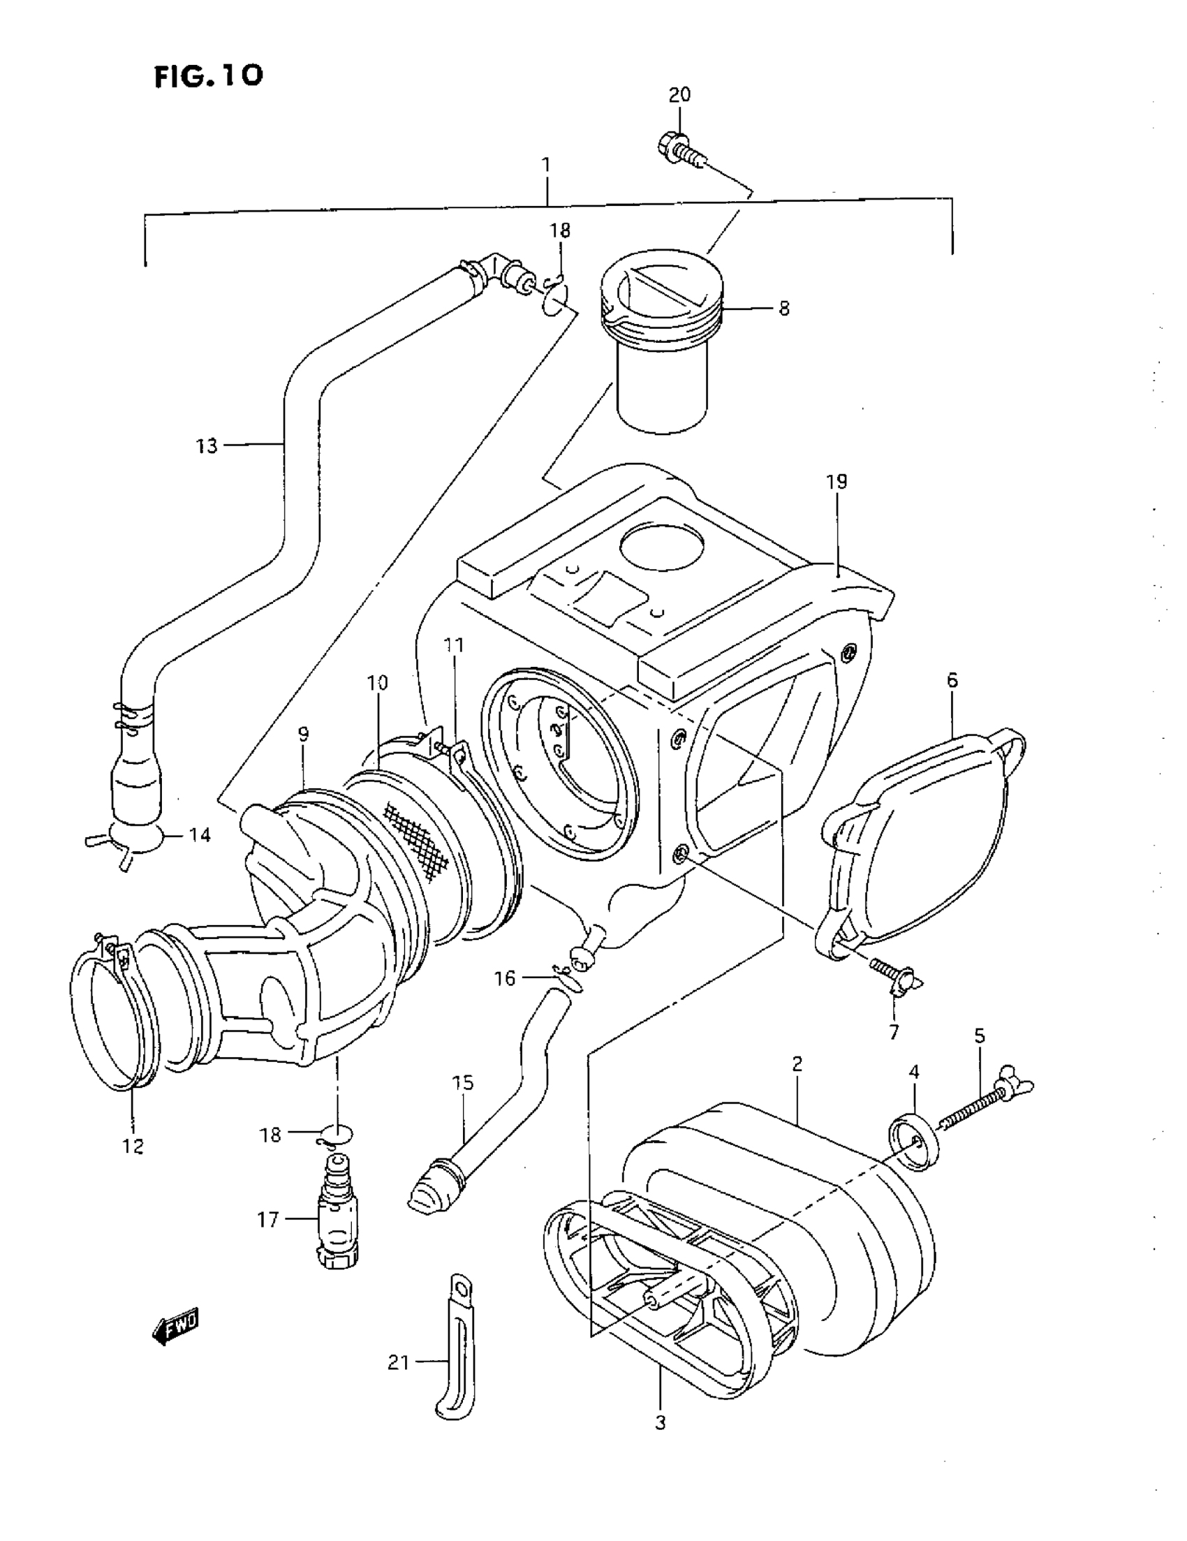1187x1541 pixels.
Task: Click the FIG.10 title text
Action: (x=209, y=75)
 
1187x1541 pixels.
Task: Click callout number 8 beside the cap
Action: (x=784, y=309)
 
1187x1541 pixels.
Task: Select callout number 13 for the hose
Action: (x=207, y=446)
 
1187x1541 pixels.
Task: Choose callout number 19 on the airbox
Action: (x=836, y=482)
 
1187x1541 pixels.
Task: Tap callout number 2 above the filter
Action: (x=797, y=1064)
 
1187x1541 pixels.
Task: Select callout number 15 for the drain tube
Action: (x=463, y=1083)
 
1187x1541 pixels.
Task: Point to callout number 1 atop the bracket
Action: (x=545, y=165)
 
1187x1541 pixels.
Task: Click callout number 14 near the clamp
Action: (x=200, y=835)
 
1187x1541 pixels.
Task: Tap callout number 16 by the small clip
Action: (x=505, y=979)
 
